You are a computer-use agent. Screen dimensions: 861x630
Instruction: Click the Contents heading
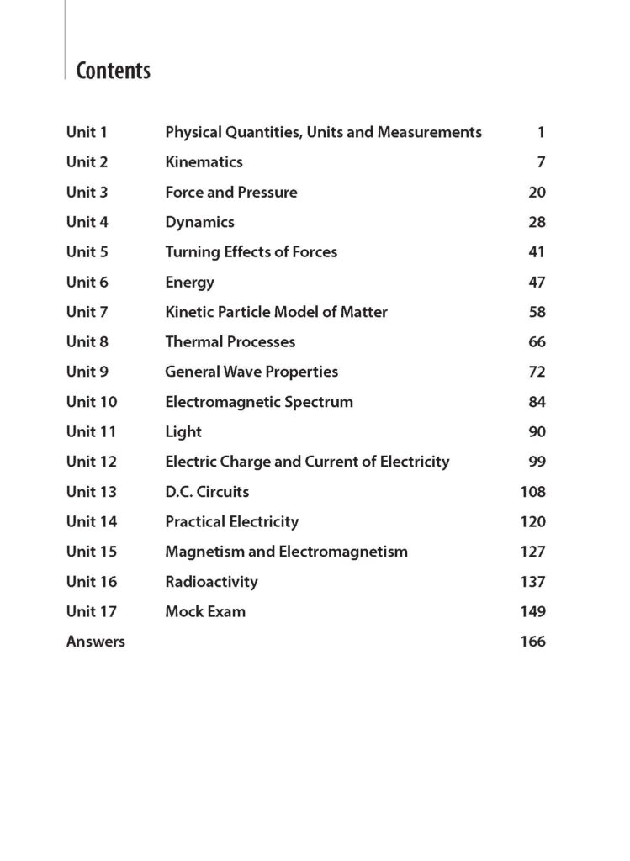click(x=113, y=71)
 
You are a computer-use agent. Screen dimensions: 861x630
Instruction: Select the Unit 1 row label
click(x=87, y=132)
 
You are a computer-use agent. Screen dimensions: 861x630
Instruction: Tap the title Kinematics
click(x=204, y=161)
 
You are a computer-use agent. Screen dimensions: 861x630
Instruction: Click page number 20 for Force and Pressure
click(x=537, y=192)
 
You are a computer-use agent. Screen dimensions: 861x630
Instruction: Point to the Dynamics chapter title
click(x=199, y=222)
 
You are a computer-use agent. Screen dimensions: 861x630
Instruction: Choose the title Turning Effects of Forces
click(x=251, y=251)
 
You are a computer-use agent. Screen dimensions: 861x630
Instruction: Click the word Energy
click(x=189, y=282)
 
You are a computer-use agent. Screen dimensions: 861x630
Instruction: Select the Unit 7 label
click(x=87, y=312)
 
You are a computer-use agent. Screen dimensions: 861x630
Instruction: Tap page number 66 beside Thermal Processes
click(x=537, y=341)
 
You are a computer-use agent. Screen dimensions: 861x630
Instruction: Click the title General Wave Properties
click(x=251, y=372)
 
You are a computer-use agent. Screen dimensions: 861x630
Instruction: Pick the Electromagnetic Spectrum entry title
click(x=259, y=402)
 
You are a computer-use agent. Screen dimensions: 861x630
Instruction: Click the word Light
click(x=183, y=431)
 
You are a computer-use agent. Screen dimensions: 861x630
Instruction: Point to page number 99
click(x=537, y=462)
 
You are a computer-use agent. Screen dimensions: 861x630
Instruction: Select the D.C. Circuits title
click(x=207, y=491)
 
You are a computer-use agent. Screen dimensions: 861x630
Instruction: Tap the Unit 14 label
click(x=92, y=521)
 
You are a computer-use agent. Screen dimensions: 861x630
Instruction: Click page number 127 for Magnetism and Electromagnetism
click(x=532, y=552)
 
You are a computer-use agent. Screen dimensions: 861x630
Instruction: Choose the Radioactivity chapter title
click(x=211, y=581)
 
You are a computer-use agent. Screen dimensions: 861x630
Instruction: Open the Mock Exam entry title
click(x=205, y=611)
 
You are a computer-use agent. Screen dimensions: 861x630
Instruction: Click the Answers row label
click(x=95, y=642)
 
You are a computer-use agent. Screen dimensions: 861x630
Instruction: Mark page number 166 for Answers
click(x=532, y=642)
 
